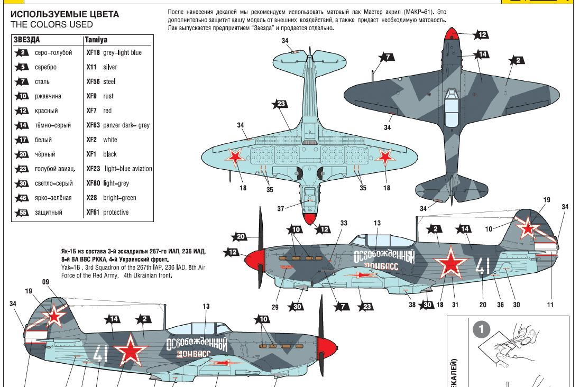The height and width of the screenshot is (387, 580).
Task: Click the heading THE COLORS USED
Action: pos(52,24)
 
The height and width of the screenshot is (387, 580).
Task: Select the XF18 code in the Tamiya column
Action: pos(93,53)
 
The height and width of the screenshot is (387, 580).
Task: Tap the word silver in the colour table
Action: pos(110,67)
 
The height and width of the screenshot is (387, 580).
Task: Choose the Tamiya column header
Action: pos(97,40)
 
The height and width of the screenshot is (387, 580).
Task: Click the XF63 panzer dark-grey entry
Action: pos(118,125)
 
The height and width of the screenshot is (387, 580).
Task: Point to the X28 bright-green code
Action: pos(91,198)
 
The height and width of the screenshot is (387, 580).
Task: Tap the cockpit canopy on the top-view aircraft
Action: pos(450,108)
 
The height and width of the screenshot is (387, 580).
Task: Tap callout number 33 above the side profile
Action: pos(344,223)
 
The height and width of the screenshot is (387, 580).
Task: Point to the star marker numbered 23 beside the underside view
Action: pos(280,104)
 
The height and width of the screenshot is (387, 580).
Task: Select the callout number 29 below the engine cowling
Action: pos(275,307)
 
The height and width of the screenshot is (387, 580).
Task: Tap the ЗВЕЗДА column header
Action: pos(27,40)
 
